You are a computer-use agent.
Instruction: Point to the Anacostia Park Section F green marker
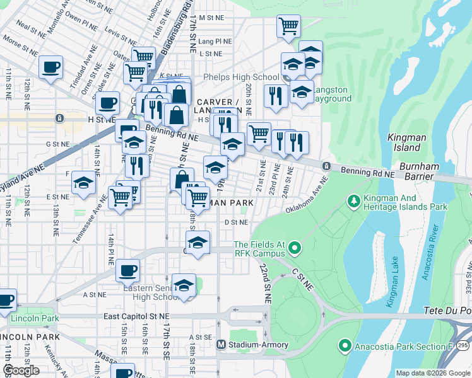pos(345,345)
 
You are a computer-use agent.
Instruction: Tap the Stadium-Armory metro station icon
pos(221,345)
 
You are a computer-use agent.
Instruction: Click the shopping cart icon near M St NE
pos(288,26)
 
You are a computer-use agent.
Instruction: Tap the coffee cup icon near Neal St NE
pos(50,66)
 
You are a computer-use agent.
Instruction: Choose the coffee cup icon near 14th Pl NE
pos(127,270)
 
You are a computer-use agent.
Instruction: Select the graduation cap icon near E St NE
pos(83,183)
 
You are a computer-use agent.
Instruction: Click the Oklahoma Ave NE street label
pos(307,195)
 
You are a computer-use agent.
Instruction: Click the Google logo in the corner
pos(21,370)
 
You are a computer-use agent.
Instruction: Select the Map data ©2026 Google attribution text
pos(432,373)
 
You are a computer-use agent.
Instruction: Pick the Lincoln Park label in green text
pos(35,318)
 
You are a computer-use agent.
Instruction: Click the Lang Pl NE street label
pos(215,42)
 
